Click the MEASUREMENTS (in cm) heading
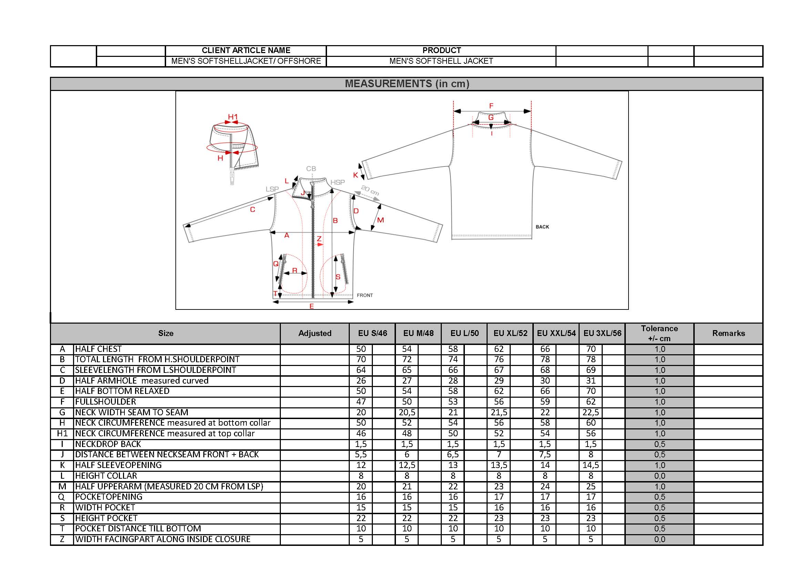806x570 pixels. click(x=407, y=83)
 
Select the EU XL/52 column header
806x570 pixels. click(x=510, y=333)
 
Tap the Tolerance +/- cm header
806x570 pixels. click(x=659, y=333)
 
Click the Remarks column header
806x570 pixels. click(x=728, y=333)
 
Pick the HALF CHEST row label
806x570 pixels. click(x=98, y=349)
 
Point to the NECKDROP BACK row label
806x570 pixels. click(x=108, y=444)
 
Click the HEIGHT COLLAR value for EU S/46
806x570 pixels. click(x=361, y=476)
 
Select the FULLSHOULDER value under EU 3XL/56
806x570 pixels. click(x=591, y=402)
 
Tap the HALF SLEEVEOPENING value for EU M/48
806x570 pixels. click(x=407, y=465)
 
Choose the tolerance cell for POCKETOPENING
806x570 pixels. click(x=659, y=497)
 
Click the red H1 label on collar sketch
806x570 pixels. click(x=233, y=117)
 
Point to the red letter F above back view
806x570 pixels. click(x=491, y=106)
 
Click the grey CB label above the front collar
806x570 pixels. click(x=311, y=169)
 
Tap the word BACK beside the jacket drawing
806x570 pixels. click(x=542, y=227)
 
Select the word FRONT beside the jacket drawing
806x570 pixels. click(x=365, y=295)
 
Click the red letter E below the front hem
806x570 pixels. click(x=312, y=306)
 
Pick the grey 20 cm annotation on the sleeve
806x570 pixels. click(x=370, y=190)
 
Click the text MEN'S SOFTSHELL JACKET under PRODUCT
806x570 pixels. click(x=441, y=61)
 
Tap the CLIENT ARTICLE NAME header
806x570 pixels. click(x=246, y=50)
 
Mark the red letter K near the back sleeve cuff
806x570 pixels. click(x=356, y=175)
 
